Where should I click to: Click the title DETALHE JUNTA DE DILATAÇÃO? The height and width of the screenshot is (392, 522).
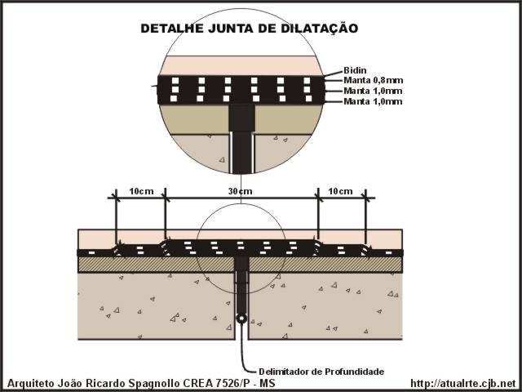pos(250,28)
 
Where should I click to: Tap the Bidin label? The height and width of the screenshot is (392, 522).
pos(355,70)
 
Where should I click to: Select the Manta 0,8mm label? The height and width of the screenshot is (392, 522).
pos(374,80)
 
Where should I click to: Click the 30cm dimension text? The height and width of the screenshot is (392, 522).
pos(240,191)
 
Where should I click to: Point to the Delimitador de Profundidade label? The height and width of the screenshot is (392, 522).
pos(321,372)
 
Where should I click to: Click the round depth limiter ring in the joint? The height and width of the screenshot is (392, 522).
pos(241,318)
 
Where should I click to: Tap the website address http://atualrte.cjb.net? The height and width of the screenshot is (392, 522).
pos(463,383)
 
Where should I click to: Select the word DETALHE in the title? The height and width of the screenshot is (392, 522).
pos(172,29)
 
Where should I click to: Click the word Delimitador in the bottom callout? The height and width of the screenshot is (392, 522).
pos(284,372)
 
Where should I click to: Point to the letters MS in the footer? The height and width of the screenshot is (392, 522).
pos(268,383)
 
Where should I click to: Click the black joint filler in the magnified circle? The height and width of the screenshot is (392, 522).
pos(241,139)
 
